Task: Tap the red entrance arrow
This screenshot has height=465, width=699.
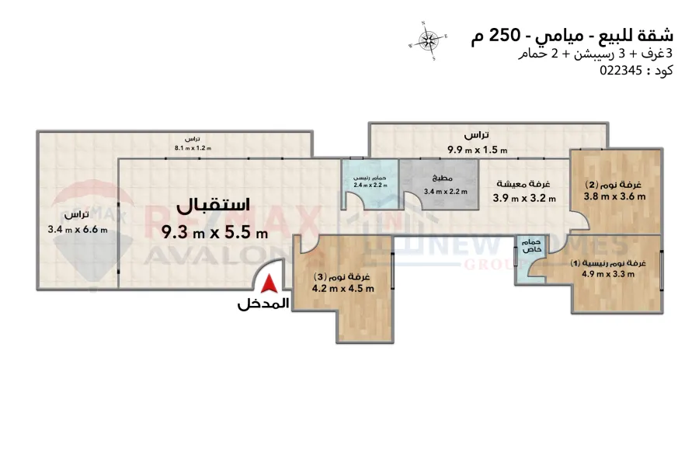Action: (267, 285)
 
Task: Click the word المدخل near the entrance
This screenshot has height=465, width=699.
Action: (263, 304)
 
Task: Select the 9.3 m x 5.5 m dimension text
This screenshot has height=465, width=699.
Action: (215, 231)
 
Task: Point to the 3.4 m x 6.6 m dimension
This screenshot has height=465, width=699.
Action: (78, 229)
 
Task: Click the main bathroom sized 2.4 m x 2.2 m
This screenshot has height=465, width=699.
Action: (370, 184)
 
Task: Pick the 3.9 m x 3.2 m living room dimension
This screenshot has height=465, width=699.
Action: (525, 198)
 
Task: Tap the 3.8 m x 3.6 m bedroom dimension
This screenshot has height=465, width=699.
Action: (615, 197)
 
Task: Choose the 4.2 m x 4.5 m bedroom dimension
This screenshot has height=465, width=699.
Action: (343, 289)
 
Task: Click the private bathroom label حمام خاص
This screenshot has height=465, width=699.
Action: (533, 245)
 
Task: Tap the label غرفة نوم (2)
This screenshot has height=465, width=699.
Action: (615, 186)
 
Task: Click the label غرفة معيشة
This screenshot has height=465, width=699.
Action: (525, 185)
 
